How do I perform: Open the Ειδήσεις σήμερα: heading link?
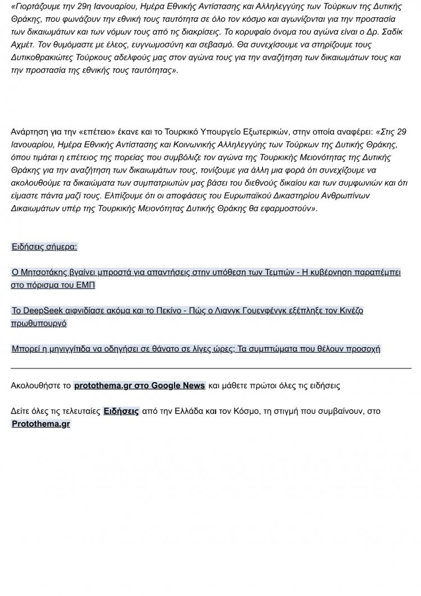tap(44, 247)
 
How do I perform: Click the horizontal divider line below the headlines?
tap(210, 368)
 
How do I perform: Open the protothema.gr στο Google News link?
tap(139, 386)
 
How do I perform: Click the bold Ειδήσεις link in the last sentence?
tap(121, 411)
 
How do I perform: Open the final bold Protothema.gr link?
tap(41, 424)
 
